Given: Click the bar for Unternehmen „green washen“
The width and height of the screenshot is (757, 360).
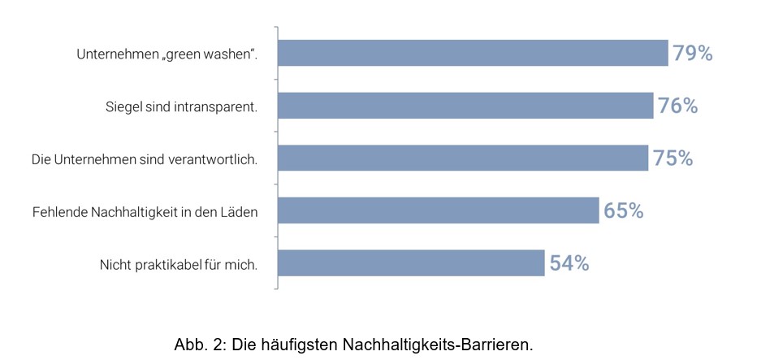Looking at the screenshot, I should (x=473, y=54).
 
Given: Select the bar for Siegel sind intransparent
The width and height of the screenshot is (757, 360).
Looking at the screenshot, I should (x=465, y=106).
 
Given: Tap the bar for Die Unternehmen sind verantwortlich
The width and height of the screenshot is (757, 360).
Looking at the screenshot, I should (x=463, y=158).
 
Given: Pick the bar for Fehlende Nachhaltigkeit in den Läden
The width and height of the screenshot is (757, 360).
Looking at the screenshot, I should (x=439, y=210).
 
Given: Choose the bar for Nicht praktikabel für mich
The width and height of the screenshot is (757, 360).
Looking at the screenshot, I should (x=411, y=263).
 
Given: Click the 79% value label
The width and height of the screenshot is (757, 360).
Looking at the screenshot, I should (x=692, y=54).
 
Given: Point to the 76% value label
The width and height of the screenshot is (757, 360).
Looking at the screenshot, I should (x=677, y=106).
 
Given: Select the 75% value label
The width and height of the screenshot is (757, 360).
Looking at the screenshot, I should (x=673, y=158).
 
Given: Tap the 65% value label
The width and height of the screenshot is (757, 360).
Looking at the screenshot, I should (x=623, y=210).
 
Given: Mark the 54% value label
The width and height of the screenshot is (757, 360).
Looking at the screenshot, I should (x=569, y=263).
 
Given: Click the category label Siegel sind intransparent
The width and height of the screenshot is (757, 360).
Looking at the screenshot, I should (x=181, y=106).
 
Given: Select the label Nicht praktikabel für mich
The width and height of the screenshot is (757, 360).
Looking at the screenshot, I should (x=179, y=264).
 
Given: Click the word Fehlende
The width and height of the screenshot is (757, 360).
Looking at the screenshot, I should (x=58, y=212).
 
